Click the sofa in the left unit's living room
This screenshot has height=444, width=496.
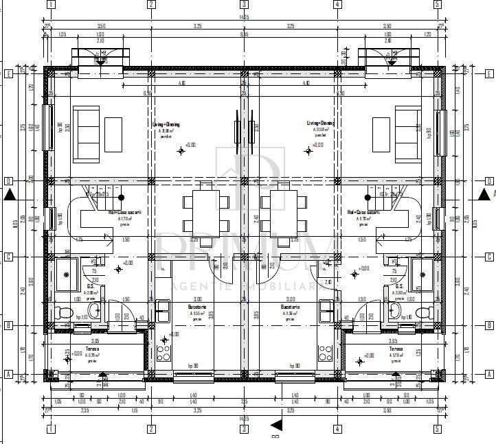(86, 134)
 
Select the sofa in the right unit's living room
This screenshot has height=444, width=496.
(408, 134)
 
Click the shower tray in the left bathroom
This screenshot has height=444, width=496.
(67, 274)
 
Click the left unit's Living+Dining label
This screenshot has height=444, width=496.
(166, 124)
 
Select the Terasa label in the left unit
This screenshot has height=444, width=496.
(92, 349)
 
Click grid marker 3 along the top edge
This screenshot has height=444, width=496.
(244, 5)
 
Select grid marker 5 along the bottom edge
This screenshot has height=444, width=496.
(436, 429)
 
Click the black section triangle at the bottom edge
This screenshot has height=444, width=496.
(276, 425)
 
